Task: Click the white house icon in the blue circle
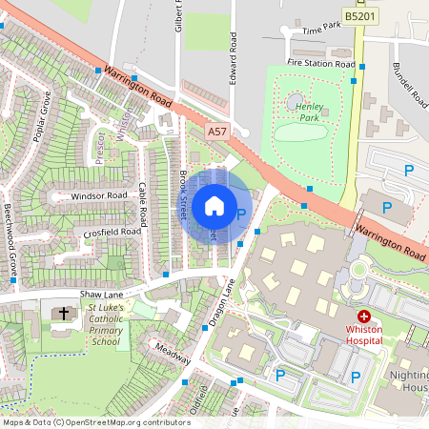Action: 214,206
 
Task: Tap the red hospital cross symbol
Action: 363,316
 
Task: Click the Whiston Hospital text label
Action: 363,334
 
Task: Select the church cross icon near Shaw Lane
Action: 65,313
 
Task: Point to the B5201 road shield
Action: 360,16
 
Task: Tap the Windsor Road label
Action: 98,195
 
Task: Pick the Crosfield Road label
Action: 112,232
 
